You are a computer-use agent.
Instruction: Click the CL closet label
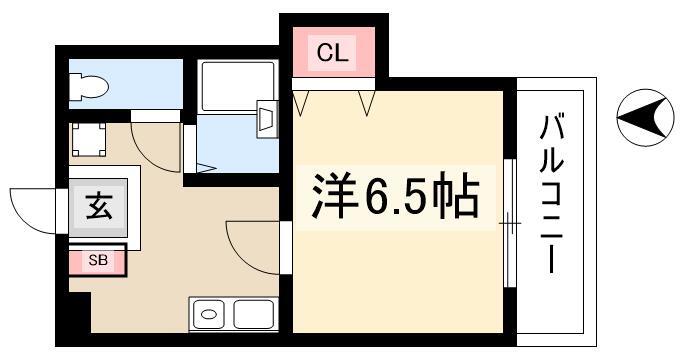pos(332,53)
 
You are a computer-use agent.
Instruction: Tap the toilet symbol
pos(89,87)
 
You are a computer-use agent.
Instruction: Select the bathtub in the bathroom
pos(238,86)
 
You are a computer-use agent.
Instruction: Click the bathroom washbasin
pos(267,119)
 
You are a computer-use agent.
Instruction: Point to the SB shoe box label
pos(98,261)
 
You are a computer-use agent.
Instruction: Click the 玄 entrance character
pos(99,206)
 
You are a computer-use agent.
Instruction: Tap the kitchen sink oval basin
pos(209,314)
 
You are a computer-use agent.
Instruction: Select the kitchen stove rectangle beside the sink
pos(254,314)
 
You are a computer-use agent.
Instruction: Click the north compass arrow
pos(645,118)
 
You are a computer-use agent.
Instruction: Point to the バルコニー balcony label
pos(551,193)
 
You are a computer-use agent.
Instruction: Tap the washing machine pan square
pos(89,139)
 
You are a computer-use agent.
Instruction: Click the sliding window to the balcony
pos(510,223)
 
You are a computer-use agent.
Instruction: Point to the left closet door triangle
pos(301,103)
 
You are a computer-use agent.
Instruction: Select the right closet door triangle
pos(366,103)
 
